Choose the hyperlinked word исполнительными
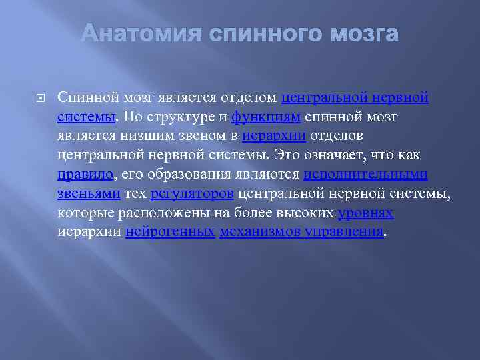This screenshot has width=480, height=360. pos(365,175)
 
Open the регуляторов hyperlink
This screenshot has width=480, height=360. pos(192,195)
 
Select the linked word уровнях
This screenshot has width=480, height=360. pos(365,214)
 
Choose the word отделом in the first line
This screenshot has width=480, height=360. pos(249,98)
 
